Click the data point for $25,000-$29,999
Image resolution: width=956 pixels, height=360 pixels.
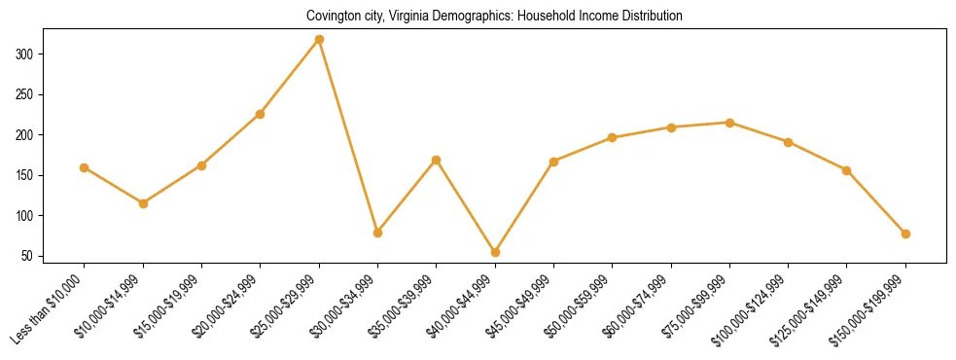(319, 40)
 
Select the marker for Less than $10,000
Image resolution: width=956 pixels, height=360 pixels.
(85, 167)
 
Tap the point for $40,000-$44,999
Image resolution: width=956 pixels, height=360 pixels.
(495, 252)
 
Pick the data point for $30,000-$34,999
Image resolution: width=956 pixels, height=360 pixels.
(377, 233)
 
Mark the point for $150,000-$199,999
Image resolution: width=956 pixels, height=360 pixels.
(905, 234)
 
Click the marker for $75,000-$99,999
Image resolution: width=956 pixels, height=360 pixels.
(729, 123)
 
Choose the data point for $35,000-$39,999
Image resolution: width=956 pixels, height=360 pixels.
(436, 160)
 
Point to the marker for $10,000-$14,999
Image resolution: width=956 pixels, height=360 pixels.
(143, 203)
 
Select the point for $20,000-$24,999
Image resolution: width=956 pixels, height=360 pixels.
(260, 114)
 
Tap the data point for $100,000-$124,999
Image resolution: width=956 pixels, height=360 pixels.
(788, 142)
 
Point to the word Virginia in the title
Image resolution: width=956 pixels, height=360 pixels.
(395, 17)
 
